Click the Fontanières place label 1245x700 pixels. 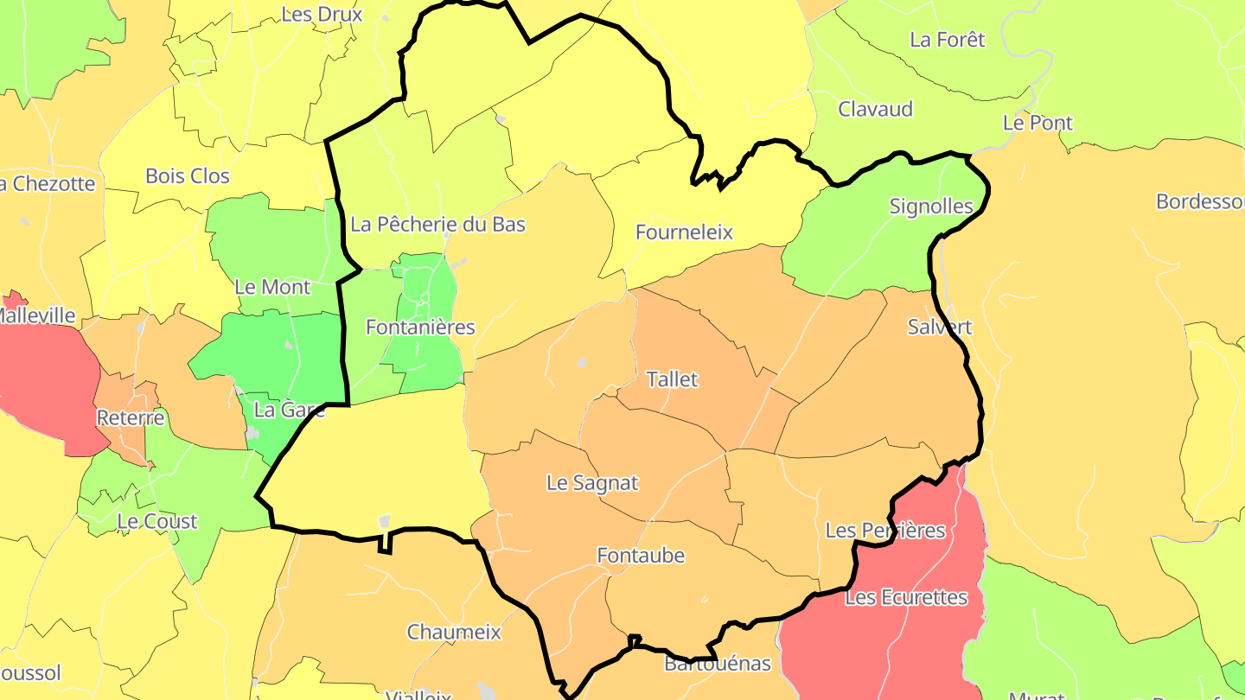pos(420,328)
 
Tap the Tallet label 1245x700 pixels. pos(672,379)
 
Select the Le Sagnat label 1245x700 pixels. pos(592,483)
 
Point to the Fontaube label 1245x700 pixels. pos(641,556)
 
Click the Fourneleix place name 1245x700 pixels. pos(684,232)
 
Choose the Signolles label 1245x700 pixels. pos(931,207)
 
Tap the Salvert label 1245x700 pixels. pos(940,328)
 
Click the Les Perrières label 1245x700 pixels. pos(885,530)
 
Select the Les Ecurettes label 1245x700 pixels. pos(906,597)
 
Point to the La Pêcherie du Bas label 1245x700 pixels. pos(437,225)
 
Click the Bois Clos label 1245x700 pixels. pos(188,176)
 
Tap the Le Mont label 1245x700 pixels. pos(272,287)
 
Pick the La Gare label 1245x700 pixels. pos(290,410)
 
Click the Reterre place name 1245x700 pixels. pos(131,418)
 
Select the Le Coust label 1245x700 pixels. pos(157,522)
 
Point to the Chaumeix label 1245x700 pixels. pos(454,633)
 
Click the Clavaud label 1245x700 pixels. pos(875,110)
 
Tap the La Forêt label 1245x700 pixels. pos(948,40)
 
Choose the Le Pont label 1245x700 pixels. pos(1037,123)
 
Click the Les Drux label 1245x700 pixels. pos(322,15)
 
